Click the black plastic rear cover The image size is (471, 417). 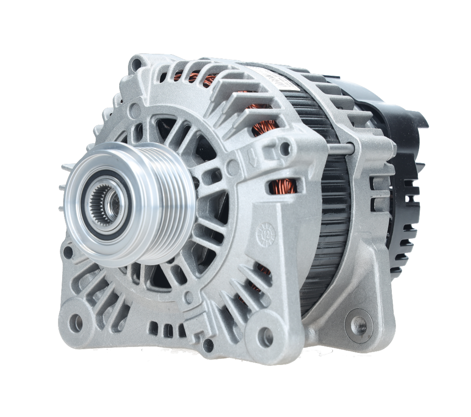coord(405,193)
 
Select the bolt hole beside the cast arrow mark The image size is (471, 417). coord(285,148)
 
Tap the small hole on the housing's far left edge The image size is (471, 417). coord(68,251)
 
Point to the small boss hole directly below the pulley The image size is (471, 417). coord(188,296)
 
